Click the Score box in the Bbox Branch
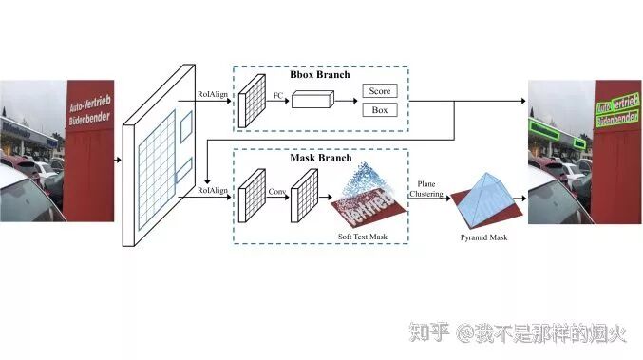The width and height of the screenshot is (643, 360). pyautogui.click(x=378, y=92)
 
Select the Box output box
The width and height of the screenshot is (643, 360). pyautogui.click(x=378, y=110)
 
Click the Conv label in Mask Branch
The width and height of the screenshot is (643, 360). pyautogui.click(x=276, y=190)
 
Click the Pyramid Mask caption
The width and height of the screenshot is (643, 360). pyautogui.click(x=484, y=237)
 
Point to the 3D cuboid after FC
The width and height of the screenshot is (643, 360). pyautogui.click(x=312, y=102)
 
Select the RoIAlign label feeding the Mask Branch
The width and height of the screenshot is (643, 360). pyautogui.click(x=212, y=190)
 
